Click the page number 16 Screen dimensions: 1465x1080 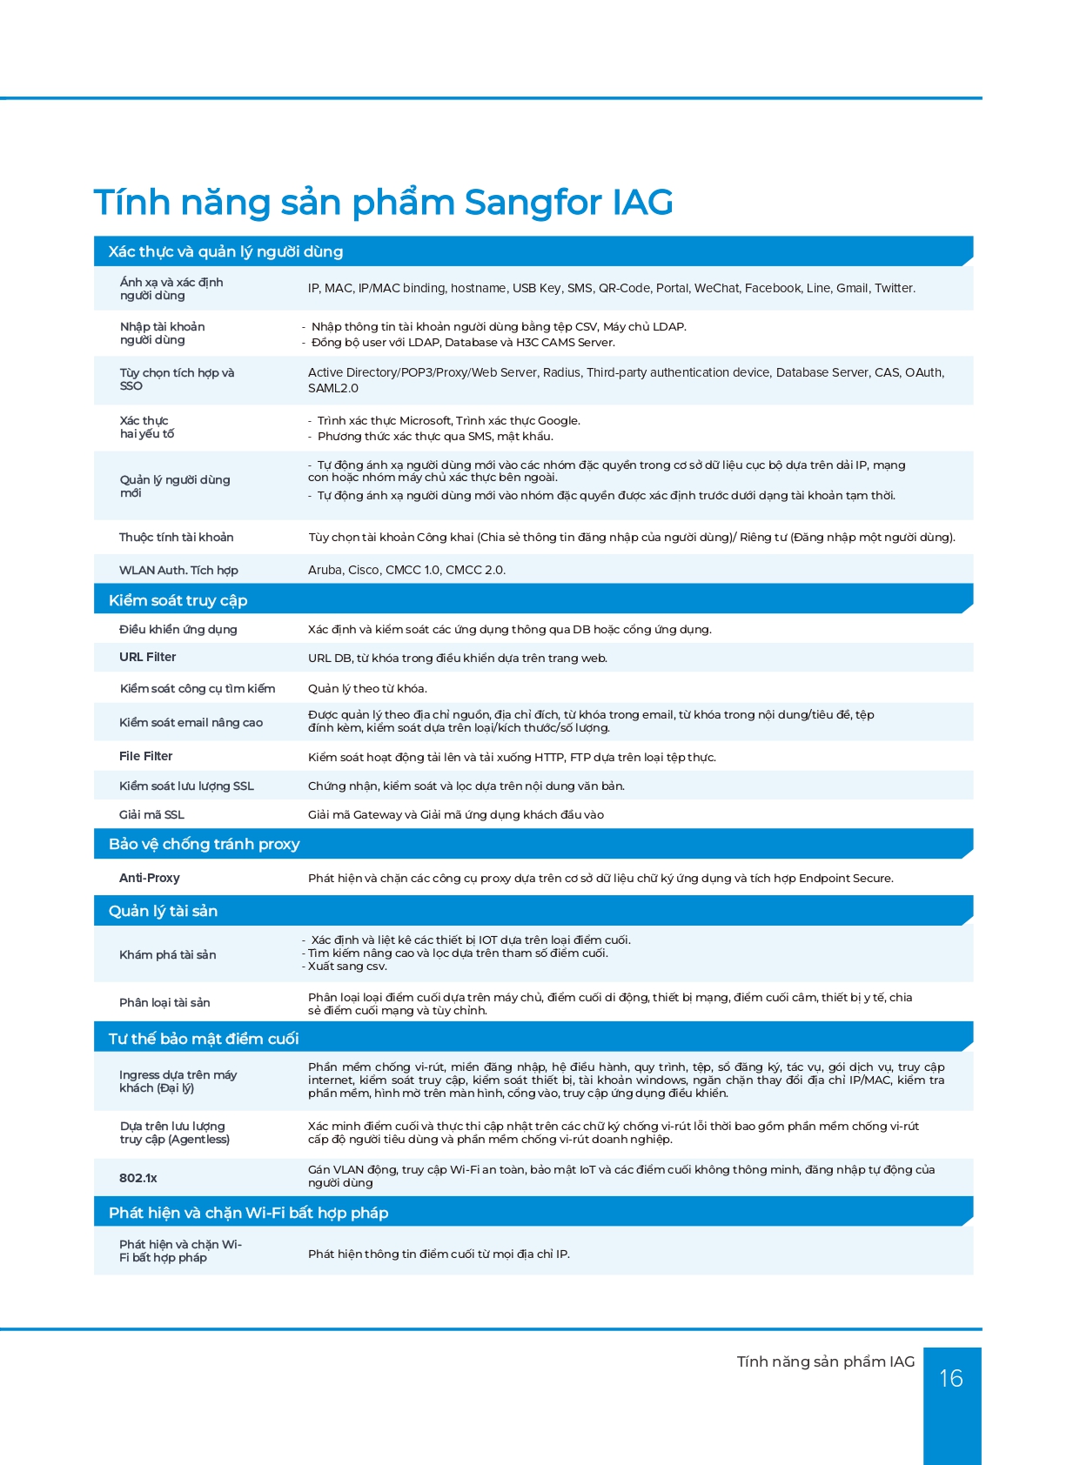click(x=951, y=1378)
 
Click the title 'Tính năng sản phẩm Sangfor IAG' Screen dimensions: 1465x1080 click(x=383, y=202)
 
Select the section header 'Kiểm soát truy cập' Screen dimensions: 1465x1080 click(x=178, y=600)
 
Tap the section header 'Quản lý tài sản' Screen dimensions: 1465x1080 click(x=163, y=911)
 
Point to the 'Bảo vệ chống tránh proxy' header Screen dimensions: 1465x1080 click(x=204, y=844)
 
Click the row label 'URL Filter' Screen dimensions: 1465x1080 click(x=147, y=657)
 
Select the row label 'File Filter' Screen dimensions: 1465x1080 click(x=145, y=756)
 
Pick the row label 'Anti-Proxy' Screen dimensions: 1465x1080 click(x=149, y=878)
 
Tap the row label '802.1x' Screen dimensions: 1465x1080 click(x=138, y=1178)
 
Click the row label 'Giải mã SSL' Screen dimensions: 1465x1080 click(x=151, y=814)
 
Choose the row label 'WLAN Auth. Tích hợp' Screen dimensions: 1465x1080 click(x=178, y=570)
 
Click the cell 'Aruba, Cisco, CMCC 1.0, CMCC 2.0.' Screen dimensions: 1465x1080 click(x=406, y=570)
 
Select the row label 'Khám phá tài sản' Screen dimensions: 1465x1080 click(x=167, y=954)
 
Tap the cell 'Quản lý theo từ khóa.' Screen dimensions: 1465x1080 click(x=367, y=688)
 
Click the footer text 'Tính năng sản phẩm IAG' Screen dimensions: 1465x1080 click(x=825, y=1361)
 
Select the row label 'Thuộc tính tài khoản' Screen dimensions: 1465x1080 click(x=176, y=537)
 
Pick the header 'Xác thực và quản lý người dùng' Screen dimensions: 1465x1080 click(x=225, y=251)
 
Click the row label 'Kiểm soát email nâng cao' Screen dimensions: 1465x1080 click(x=191, y=722)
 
